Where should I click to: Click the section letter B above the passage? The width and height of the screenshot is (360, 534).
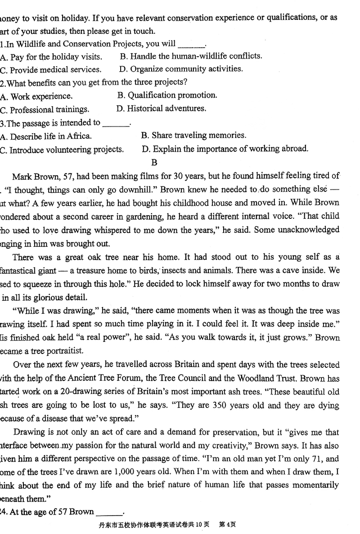pos(155,163)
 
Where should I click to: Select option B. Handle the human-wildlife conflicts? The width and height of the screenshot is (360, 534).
pos(191,56)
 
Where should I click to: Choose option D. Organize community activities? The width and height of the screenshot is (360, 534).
pos(181,69)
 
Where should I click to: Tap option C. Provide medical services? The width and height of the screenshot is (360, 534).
pos(51,70)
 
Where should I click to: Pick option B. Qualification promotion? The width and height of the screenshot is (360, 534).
pos(167,95)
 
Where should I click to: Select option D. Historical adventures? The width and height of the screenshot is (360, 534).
pos(161,109)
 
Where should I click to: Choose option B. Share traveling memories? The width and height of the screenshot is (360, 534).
pos(193,136)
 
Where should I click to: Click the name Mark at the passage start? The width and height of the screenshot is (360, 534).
pos(22,176)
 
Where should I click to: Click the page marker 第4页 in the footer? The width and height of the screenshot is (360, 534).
pos(227,525)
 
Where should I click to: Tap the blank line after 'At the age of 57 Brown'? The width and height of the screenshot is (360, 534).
pos(109,512)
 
